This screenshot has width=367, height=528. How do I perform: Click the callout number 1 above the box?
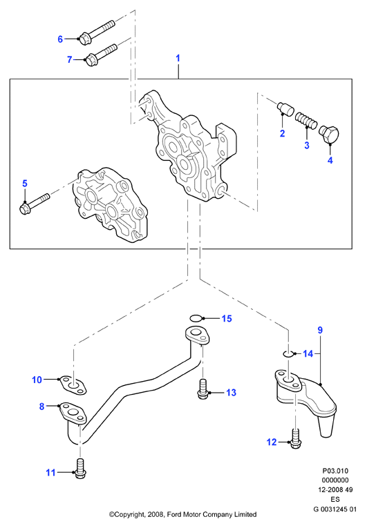coord(178,58)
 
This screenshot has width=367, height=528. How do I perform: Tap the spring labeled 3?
coord(306,121)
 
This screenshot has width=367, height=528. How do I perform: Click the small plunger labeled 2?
coord(285,108)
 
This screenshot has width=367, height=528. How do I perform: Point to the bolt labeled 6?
coord(97,30)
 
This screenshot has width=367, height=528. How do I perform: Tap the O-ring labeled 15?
coord(197,318)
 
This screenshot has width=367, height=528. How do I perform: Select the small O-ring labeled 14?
coord(288,353)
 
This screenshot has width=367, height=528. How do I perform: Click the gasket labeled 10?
coord(73,385)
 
